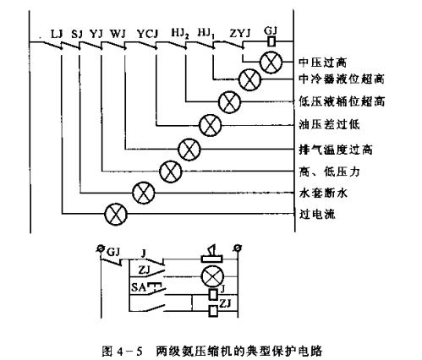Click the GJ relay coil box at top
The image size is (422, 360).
271,41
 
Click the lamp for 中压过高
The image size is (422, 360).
271,63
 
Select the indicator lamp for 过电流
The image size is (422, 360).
116,214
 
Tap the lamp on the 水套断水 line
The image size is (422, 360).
144,193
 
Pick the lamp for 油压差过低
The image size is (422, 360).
210,125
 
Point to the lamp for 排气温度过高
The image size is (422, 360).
189,150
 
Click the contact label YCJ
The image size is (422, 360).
148,34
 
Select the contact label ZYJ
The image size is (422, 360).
240,34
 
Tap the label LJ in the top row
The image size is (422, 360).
57,34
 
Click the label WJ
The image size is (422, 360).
118,34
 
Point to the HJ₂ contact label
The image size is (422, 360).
180,34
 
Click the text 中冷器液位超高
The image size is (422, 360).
342,79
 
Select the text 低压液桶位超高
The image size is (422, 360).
342,101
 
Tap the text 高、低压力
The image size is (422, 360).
329,172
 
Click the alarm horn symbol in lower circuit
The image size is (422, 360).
212,254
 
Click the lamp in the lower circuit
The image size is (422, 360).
212,276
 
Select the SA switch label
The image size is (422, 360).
139,287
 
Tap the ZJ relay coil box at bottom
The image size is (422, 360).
213,311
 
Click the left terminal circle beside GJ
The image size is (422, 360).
100,248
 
